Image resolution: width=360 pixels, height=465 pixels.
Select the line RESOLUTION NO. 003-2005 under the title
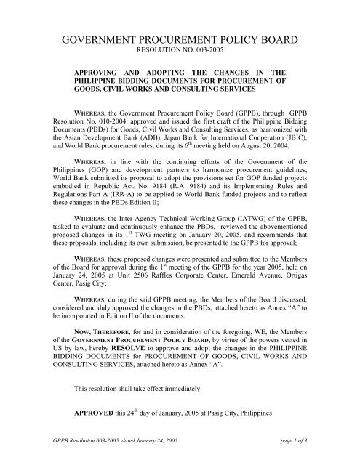(x=179, y=54)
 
